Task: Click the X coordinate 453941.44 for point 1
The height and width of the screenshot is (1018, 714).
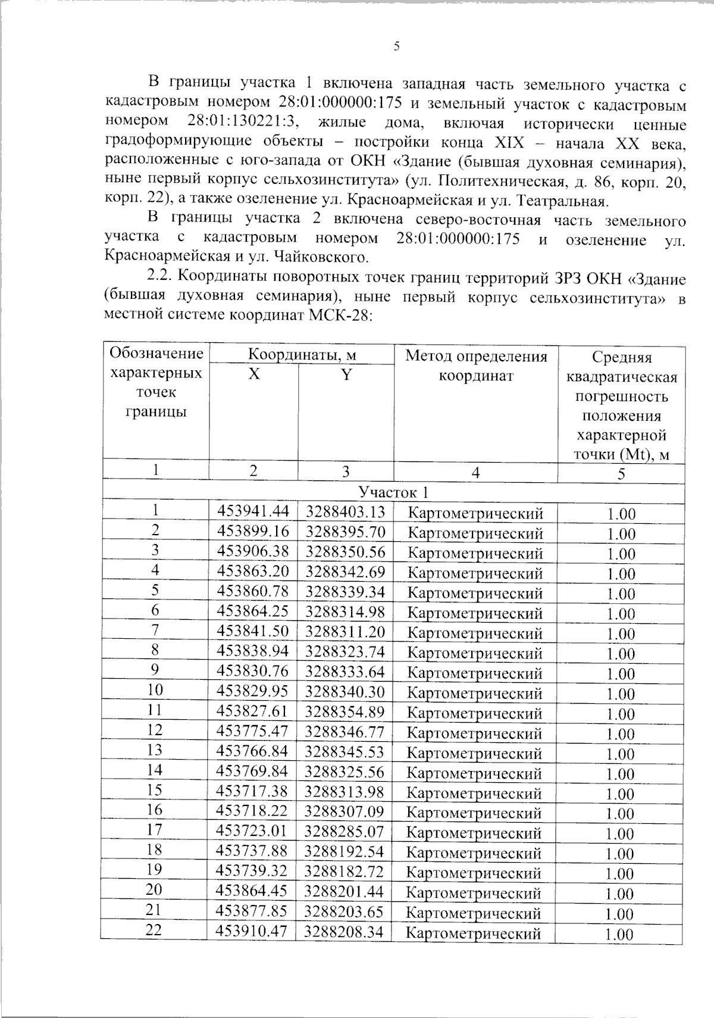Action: [253, 511]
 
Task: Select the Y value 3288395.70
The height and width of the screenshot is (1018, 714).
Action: [345, 532]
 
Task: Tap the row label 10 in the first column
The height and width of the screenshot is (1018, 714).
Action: [155, 690]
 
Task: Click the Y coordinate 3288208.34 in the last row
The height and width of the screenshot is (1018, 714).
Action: [343, 932]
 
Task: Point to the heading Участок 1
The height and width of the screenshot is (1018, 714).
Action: [393, 492]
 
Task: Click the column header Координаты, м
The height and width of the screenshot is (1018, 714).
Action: [302, 355]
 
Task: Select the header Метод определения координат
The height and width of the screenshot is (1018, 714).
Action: [475, 366]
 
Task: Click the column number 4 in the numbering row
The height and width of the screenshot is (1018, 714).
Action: [475, 473]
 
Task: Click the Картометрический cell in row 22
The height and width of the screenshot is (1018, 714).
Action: [474, 933]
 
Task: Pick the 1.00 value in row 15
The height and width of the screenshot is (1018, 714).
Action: [620, 794]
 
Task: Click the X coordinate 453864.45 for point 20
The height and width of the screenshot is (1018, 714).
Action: [252, 891]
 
